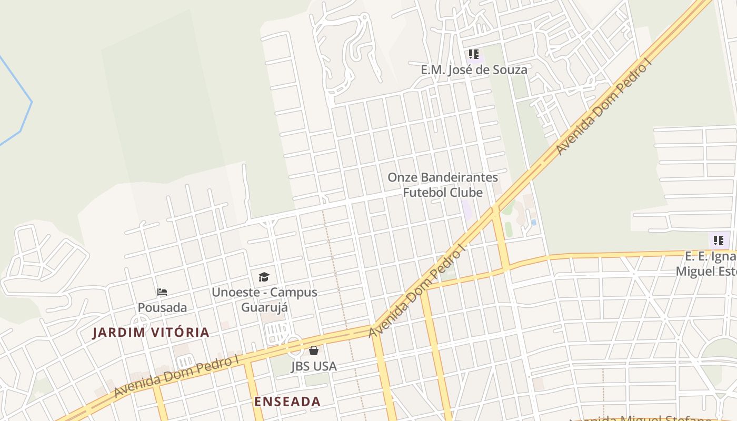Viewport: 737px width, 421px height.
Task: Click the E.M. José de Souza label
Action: (474, 69)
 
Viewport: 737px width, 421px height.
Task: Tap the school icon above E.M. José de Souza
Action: (473, 54)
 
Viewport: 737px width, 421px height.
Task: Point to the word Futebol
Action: (423, 193)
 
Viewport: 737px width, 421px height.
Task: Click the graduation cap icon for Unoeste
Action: (264, 277)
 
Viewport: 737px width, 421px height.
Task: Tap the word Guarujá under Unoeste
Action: (264, 307)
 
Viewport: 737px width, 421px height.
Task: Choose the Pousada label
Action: (162, 307)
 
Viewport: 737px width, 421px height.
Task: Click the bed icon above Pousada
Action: (162, 292)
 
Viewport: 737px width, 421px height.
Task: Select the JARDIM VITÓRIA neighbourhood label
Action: (151, 333)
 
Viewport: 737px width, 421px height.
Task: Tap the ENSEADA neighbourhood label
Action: (287, 402)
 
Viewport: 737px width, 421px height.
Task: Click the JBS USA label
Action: (314, 366)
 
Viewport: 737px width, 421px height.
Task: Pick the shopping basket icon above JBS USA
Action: (314, 350)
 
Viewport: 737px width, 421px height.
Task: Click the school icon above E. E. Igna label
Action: (719, 240)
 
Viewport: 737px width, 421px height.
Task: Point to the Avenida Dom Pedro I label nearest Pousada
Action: (176, 376)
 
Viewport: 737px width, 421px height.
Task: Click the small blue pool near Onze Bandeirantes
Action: (534, 223)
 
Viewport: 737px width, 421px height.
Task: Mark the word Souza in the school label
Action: (509, 69)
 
